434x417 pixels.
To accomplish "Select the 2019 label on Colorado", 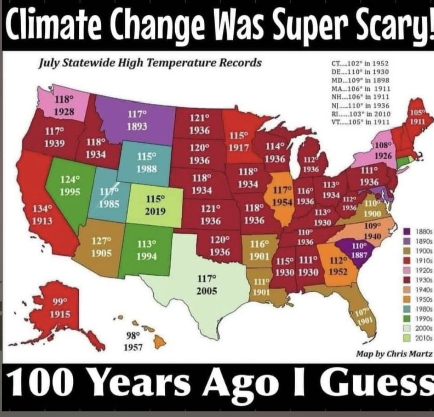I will (155, 211).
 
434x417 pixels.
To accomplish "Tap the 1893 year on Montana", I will (137, 127).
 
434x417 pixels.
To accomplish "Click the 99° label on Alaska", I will (60, 302).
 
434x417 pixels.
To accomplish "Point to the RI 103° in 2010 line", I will (360, 114).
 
